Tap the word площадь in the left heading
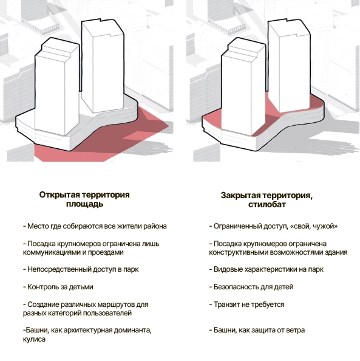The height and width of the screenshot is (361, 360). [84, 204]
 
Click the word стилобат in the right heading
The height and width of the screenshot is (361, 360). [267, 204]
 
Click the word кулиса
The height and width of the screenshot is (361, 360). [34, 339]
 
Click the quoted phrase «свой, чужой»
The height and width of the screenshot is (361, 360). [314, 226]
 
